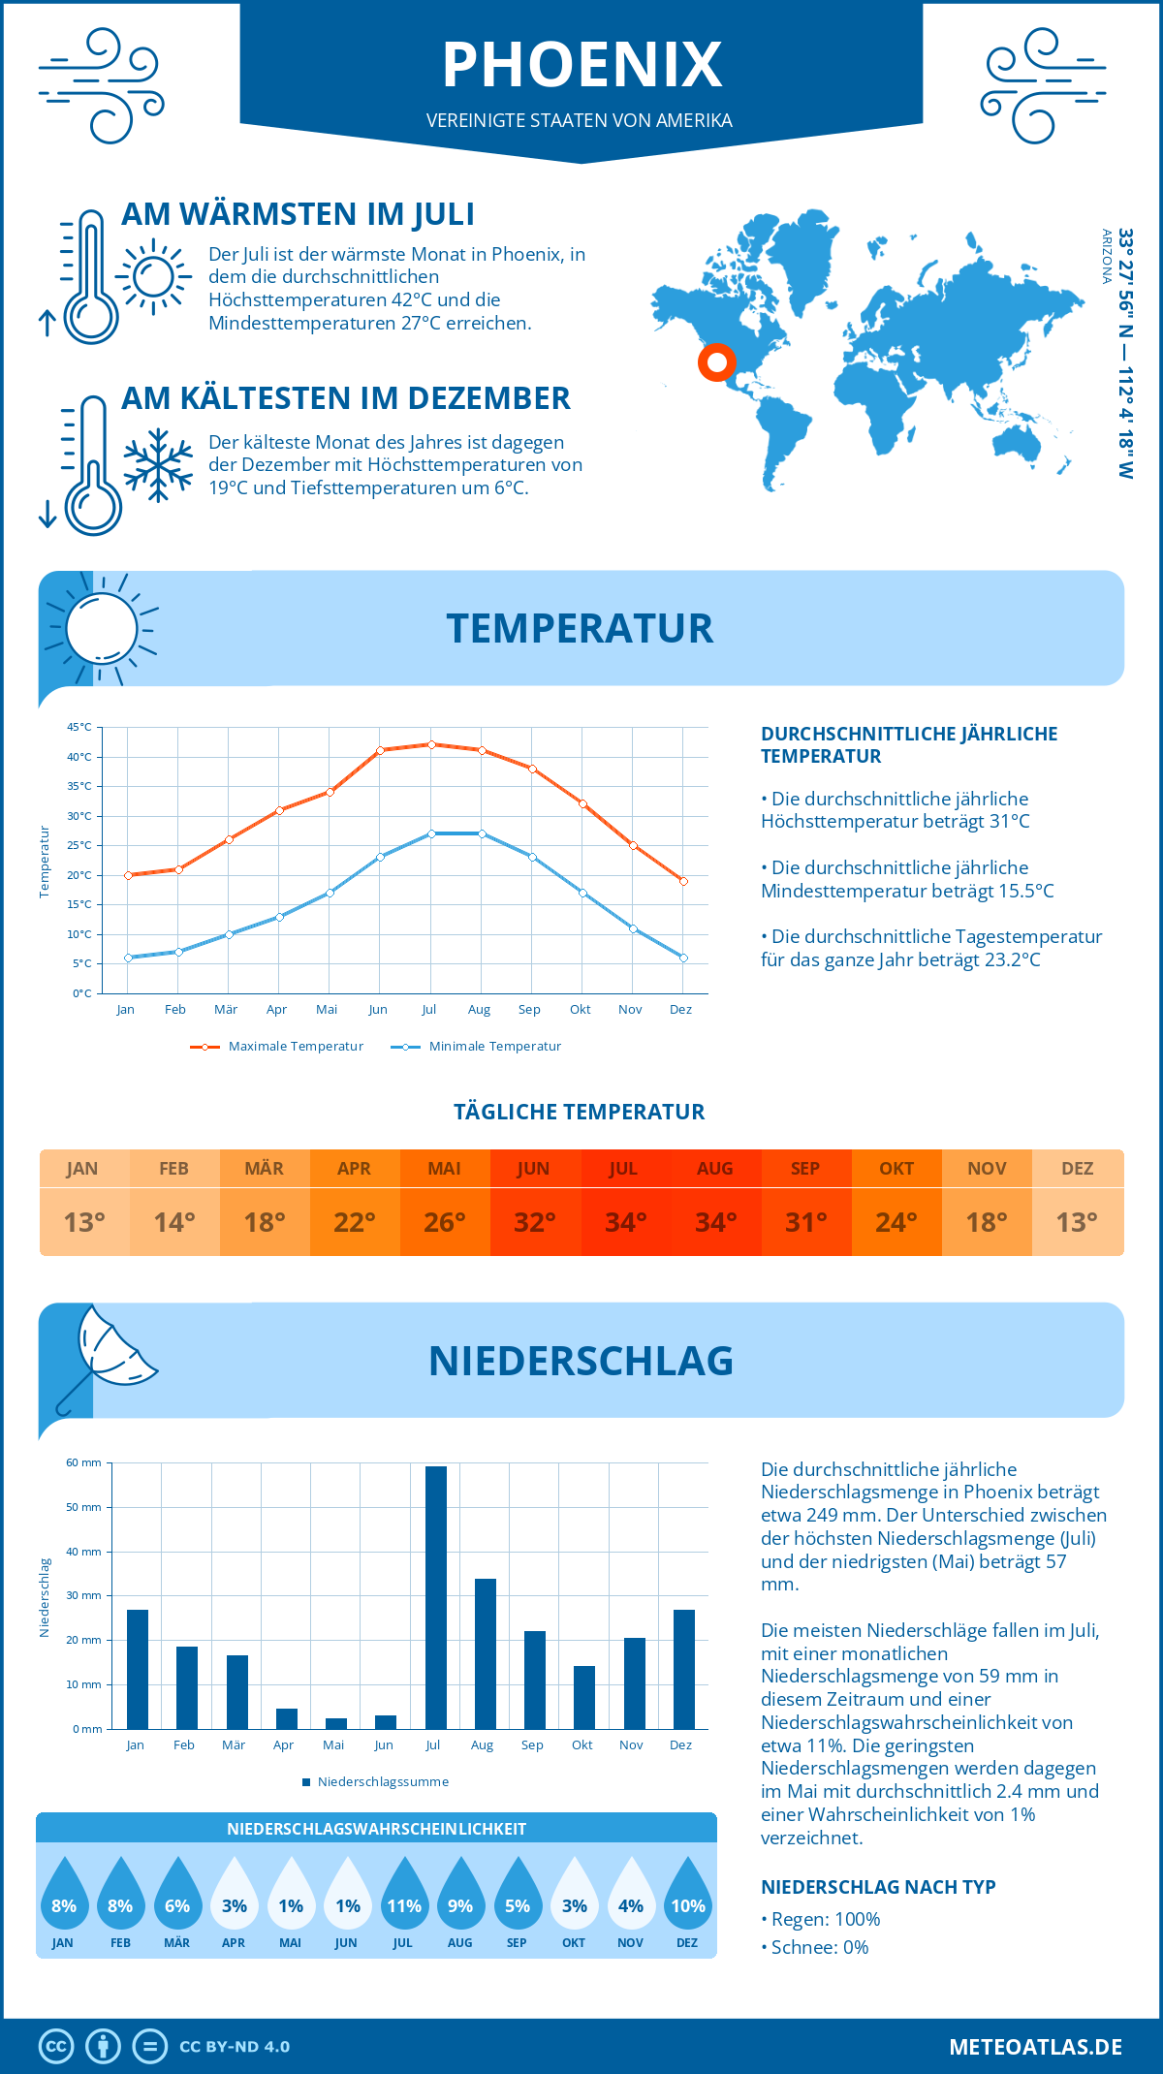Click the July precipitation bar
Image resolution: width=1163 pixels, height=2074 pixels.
pyautogui.click(x=435, y=1597)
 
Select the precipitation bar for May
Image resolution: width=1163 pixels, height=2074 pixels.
pyautogui.click(x=335, y=1723)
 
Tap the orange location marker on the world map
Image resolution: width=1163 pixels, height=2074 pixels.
pyautogui.click(x=716, y=362)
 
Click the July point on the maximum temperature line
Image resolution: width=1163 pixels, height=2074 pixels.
pyautogui.click(x=431, y=744)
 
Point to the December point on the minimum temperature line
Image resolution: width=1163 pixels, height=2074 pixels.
pyautogui.click(x=683, y=958)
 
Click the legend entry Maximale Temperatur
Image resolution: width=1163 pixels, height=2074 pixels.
pyautogui.click(x=277, y=1047)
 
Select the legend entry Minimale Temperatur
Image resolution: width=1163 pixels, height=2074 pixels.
pyautogui.click(x=477, y=1047)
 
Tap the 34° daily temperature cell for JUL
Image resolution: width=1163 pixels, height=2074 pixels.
pyautogui.click(x=625, y=1222)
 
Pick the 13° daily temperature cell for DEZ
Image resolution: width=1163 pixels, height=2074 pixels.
pyautogui.click(x=1077, y=1222)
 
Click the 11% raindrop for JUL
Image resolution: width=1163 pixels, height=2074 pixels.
pyautogui.click(x=403, y=1897)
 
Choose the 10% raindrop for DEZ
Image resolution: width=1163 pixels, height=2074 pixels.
pyautogui.click(x=687, y=1897)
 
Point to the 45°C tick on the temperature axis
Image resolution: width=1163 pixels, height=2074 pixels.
pyautogui.click(x=79, y=727)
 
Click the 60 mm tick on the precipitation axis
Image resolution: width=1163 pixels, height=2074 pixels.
pyautogui.click(x=83, y=1462)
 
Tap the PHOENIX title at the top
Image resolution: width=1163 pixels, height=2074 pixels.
pyautogui.click(x=581, y=66)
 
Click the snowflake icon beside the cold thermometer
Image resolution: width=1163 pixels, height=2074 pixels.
pyautogui.click(x=158, y=464)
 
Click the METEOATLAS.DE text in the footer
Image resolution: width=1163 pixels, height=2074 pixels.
pyautogui.click(x=1035, y=2047)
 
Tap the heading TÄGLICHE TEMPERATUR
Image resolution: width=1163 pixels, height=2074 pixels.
pyautogui.click(x=580, y=1112)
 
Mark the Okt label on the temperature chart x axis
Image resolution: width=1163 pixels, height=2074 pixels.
pyautogui.click(x=580, y=1010)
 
